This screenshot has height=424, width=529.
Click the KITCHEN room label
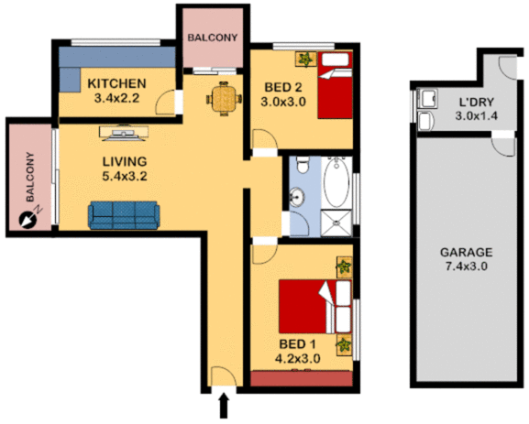coord(117,84)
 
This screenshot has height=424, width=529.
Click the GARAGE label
coord(467,252)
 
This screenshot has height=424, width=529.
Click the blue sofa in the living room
coord(124,215)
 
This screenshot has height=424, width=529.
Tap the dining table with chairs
coord(221,97)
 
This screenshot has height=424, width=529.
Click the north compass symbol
coord(28,218)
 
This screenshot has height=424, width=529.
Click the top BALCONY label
coord(213,38)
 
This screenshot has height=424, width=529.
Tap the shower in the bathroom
coord(336,221)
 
